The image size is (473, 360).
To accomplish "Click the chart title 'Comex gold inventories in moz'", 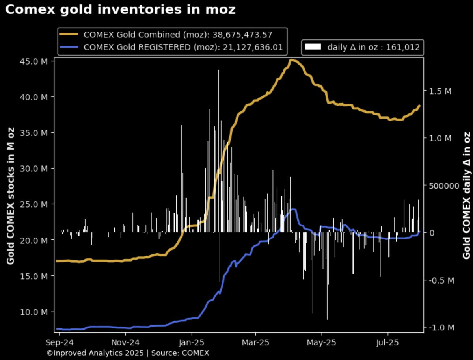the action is [x=120, y=10].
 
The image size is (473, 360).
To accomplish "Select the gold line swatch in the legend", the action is [x=69, y=34].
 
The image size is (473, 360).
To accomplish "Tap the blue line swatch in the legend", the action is [x=69, y=47].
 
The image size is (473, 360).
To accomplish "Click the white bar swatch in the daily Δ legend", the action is [x=313, y=47].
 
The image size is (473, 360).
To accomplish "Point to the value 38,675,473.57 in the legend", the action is [x=242, y=35].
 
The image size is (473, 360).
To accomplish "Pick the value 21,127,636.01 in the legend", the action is [x=253, y=47].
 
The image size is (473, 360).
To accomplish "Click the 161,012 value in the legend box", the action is [x=403, y=47].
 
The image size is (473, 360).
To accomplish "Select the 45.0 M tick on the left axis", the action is [x=34, y=61].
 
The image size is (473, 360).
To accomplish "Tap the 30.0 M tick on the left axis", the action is [x=34, y=168].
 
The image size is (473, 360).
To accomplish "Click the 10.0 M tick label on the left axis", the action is [x=34, y=312].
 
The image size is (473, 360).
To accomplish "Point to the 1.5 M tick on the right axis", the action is [x=440, y=91].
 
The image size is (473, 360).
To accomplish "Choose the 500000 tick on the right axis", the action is [x=444, y=186].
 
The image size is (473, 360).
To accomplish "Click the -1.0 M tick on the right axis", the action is [x=442, y=328].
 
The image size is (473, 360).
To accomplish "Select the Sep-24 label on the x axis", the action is [x=60, y=343].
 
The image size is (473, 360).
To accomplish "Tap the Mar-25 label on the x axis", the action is [x=255, y=343].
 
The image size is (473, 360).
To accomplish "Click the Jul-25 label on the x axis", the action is [x=387, y=343].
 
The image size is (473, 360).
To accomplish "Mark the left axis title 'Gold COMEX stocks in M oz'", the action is [x=11, y=196].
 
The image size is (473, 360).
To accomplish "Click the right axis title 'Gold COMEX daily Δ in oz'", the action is [x=466, y=195].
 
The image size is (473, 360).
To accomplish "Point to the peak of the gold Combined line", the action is [x=292, y=61].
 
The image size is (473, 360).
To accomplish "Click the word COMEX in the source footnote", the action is [x=196, y=353].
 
